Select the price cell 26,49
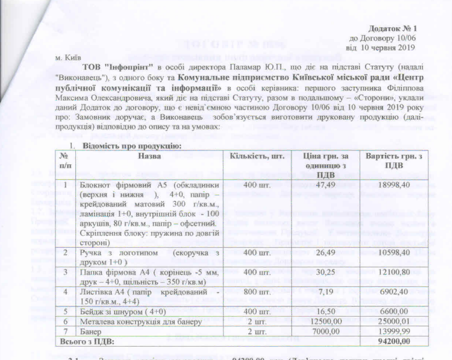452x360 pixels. pos(326,253)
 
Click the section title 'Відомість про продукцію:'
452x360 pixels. pos(131,147)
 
